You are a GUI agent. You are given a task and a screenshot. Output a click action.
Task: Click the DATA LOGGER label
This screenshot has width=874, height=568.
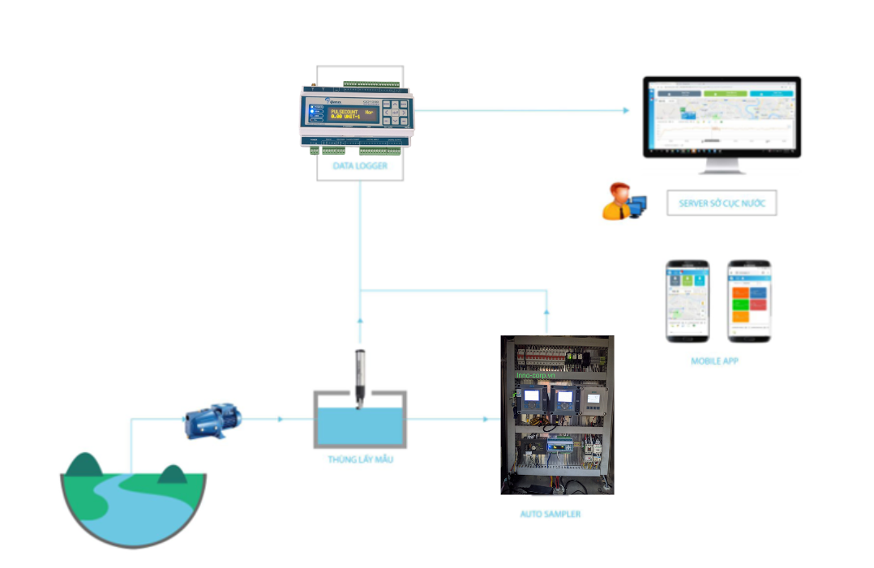(x=360, y=166)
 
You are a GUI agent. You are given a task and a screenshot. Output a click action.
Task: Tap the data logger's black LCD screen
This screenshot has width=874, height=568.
(x=353, y=113)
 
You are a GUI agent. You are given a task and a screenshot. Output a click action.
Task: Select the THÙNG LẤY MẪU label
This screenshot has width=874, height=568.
(x=360, y=459)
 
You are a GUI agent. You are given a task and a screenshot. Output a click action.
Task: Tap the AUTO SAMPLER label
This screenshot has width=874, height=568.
(x=551, y=514)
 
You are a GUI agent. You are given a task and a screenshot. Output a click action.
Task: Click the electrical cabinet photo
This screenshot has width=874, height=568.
(x=557, y=415)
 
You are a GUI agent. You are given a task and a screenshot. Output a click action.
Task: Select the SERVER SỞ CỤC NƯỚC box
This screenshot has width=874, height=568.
(x=722, y=203)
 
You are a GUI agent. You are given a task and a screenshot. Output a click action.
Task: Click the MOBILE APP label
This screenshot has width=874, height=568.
(x=714, y=361)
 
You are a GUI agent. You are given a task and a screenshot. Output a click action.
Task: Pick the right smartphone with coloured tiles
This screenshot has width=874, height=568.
(x=748, y=301)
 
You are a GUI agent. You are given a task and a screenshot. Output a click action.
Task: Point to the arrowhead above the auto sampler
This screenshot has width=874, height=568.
(x=546, y=312)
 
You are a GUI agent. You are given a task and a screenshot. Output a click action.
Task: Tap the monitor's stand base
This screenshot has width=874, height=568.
(x=722, y=169)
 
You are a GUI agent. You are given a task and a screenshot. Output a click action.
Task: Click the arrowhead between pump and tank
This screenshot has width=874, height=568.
(x=280, y=419)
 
